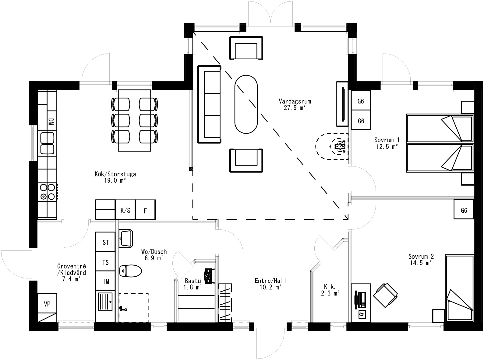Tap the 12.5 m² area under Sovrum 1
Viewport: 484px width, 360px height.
[x=387, y=146]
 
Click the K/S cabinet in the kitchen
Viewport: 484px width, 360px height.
[x=125, y=210]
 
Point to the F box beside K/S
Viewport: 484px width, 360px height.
[x=145, y=210]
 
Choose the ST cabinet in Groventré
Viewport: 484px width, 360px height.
[x=106, y=242]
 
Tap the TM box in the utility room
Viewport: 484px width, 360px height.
[x=106, y=281]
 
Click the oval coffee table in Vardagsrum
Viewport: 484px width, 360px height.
[x=246, y=104]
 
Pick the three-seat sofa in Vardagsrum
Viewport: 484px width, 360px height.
[x=209, y=104]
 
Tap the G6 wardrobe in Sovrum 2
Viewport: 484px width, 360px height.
[x=464, y=210]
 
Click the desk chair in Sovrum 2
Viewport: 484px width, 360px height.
[x=385, y=295]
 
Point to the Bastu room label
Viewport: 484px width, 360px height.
[x=193, y=281]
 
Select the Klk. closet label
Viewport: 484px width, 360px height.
[x=330, y=287]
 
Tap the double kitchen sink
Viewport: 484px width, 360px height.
[x=47, y=143]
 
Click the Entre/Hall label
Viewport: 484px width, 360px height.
[x=270, y=281]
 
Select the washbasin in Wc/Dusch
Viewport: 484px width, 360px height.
[x=126, y=238]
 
